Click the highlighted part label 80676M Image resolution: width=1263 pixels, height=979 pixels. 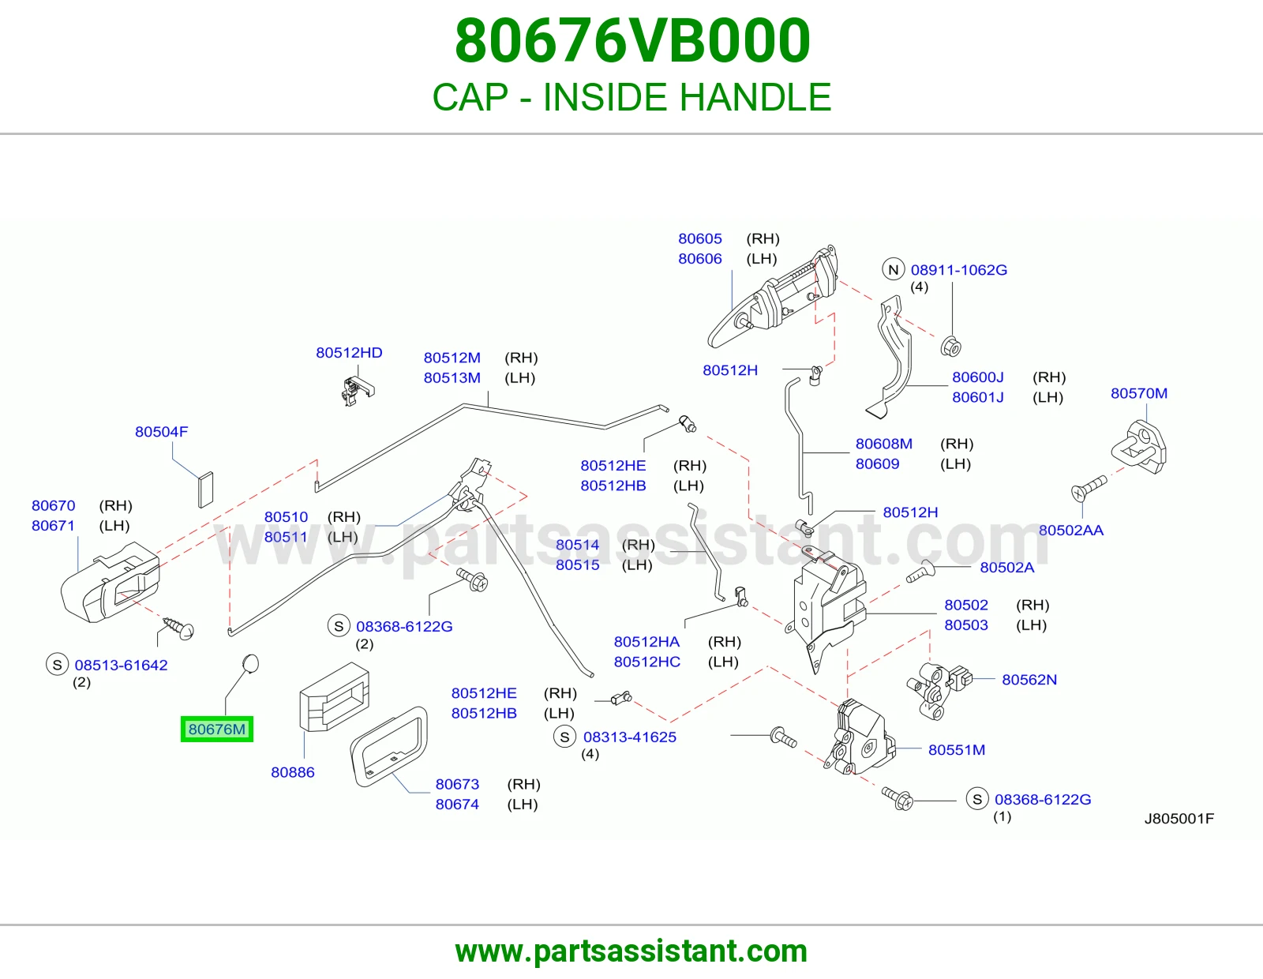pyautogui.click(x=217, y=729)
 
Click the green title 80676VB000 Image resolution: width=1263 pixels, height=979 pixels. pyautogui.click(x=632, y=41)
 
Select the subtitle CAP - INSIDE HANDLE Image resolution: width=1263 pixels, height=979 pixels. pyautogui.click(x=631, y=96)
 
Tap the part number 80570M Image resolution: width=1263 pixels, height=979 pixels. pyautogui.click(x=1138, y=394)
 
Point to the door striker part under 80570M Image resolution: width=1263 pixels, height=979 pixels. pyautogui.click(x=1139, y=448)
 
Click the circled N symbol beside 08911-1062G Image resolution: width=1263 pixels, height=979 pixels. pyautogui.click(x=894, y=270)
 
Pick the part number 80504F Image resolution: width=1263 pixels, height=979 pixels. pyautogui.click(x=162, y=432)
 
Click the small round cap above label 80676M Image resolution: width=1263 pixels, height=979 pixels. pyautogui.click(x=249, y=663)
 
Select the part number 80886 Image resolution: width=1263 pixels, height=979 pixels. pyautogui.click(x=292, y=773)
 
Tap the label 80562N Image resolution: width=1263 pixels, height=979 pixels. pyautogui.click(x=1029, y=680)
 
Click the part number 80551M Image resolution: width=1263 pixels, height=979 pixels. pyautogui.click(x=957, y=750)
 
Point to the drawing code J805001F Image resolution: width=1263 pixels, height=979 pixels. pyautogui.click(x=1179, y=819)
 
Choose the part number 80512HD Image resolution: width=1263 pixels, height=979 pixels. pyautogui.click(x=349, y=353)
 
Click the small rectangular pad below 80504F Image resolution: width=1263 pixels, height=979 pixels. pyautogui.click(x=206, y=490)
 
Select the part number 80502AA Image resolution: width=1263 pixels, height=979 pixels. pyautogui.click(x=1071, y=531)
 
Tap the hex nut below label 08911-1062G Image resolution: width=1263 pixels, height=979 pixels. pyautogui.click(x=951, y=347)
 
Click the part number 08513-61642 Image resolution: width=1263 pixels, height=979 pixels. pyautogui.click(x=121, y=665)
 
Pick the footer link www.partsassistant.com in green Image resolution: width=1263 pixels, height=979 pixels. pyautogui.click(x=631, y=951)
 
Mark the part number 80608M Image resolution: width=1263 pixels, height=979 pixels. pyautogui.click(x=883, y=444)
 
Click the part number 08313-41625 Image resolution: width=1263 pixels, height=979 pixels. pyautogui.click(x=629, y=737)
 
